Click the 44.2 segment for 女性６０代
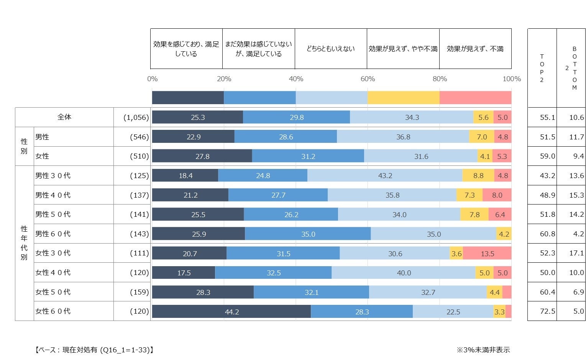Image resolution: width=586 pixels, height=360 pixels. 231,312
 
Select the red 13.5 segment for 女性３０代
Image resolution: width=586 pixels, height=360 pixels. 487,254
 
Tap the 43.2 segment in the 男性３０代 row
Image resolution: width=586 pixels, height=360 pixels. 385,176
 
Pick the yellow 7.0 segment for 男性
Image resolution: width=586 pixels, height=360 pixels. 481,137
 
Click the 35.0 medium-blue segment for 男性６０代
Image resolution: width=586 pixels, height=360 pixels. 308,234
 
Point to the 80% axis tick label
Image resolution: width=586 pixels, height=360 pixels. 440,79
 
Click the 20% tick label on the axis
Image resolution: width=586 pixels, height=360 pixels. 224,79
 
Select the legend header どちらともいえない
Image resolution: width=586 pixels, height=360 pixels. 330,49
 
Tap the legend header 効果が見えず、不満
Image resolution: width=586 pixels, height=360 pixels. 475,49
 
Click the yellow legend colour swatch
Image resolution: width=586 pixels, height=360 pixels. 403,98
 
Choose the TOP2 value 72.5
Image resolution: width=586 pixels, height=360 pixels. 547,311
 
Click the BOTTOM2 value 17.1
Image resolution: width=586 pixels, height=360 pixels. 576,253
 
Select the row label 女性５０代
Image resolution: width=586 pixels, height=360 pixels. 53,292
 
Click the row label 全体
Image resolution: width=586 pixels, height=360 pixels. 64,117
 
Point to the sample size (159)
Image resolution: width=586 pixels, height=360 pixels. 139,292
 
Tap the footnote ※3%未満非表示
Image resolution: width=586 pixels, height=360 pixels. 483,350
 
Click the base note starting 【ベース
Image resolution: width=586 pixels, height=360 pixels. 94,350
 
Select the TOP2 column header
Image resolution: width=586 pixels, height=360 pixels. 542,68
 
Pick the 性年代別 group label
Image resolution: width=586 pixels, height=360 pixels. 24,243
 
